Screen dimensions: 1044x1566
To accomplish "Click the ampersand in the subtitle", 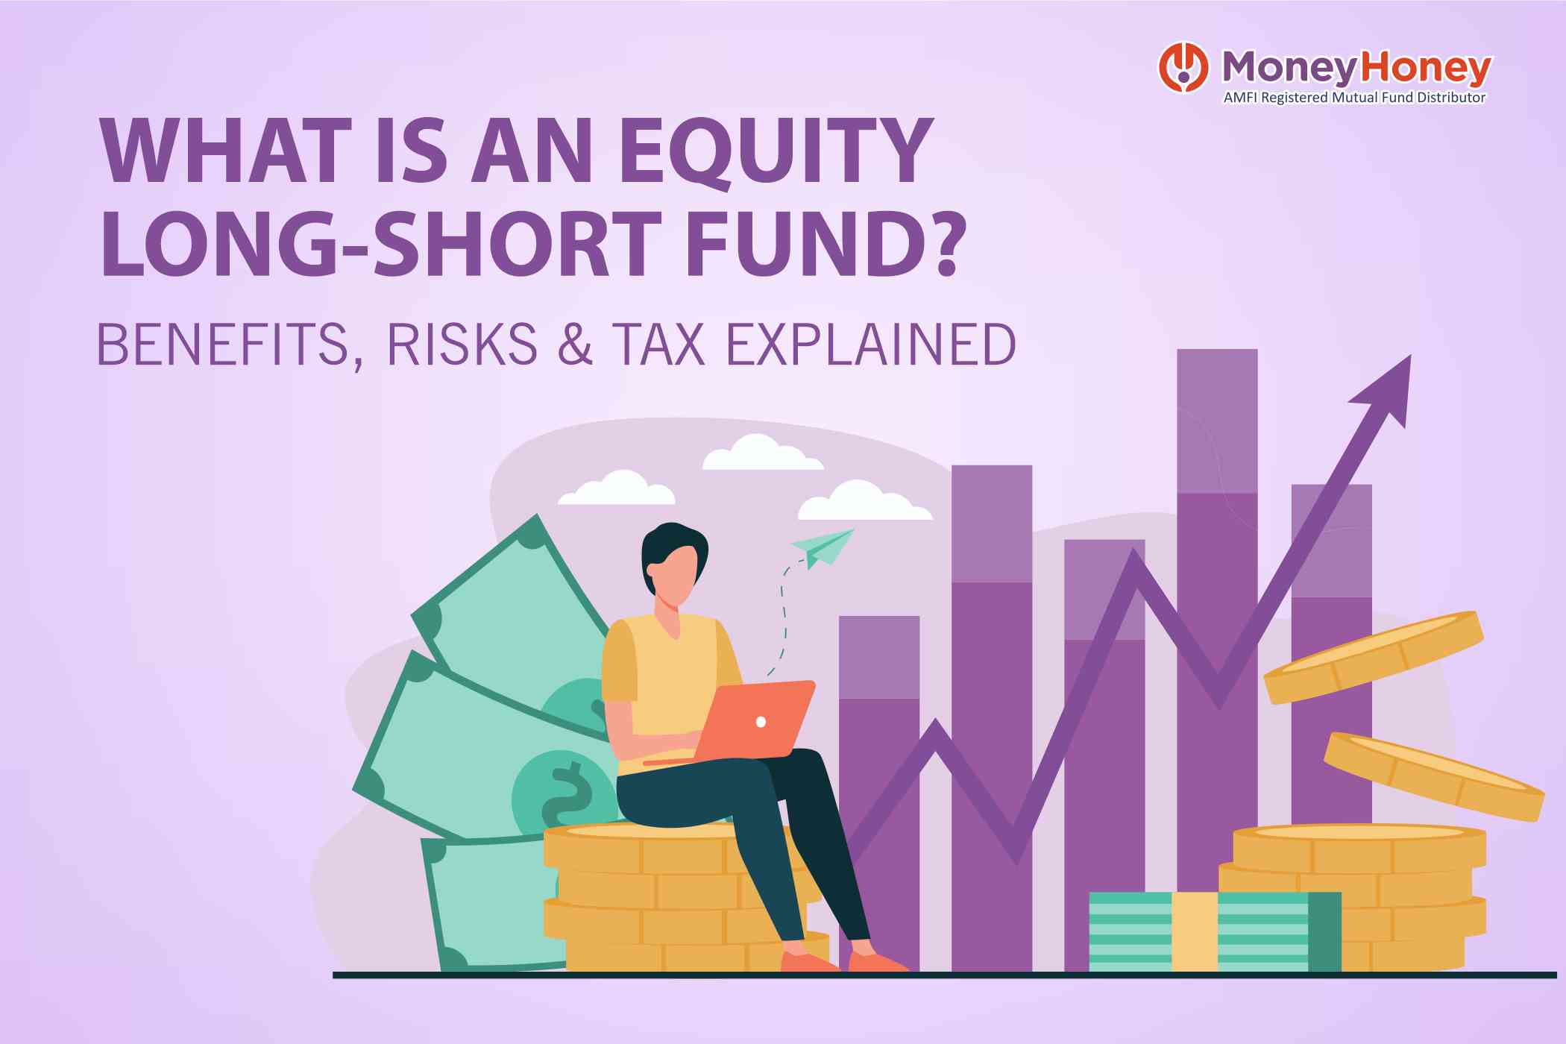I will [575, 345].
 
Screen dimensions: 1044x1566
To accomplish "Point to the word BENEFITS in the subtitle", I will [223, 345].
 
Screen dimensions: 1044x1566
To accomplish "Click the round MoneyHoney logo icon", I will [1183, 68].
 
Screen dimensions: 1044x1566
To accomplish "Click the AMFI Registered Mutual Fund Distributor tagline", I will [1354, 98].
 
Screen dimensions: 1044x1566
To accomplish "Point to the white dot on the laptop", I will [761, 722].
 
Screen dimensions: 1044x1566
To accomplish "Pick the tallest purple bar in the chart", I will [1217, 597].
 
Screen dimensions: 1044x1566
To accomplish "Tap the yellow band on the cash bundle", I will [1194, 932].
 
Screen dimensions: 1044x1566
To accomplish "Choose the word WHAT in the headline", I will [226, 151].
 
